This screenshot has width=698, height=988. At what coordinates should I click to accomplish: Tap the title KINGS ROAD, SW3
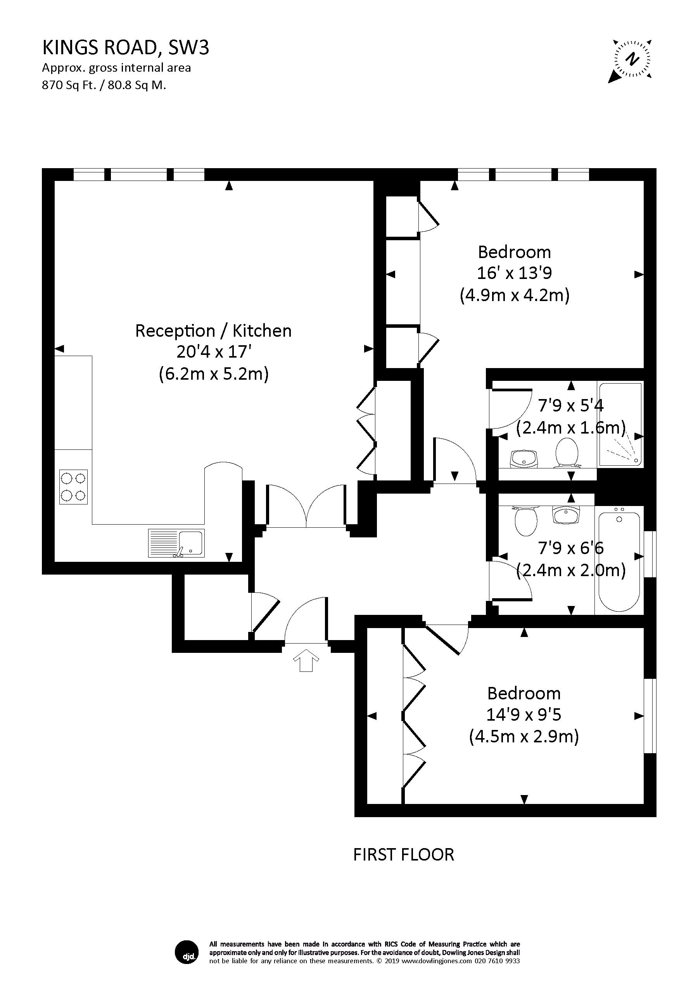[x=125, y=48]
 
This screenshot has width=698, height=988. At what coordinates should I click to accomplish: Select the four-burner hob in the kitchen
[x=73, y=487]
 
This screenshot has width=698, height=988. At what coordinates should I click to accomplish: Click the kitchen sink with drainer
[x=176, y=543]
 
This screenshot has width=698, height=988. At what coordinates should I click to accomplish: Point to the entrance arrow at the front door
[x=306, y=660]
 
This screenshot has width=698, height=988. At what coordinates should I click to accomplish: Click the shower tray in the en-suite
[x=620, y=424]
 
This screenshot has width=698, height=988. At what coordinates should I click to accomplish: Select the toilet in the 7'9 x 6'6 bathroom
[x=526, y=520]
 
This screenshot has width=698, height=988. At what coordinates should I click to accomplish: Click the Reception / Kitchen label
[x=213, y=330]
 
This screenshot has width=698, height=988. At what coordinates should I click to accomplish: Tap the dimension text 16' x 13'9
[x=514, y=273]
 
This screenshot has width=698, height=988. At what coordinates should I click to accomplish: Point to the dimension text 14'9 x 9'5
[x=523, y=715]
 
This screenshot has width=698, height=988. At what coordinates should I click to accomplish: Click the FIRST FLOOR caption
[x=403, y=854]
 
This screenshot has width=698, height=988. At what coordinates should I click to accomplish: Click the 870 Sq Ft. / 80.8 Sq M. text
[x=104, y=85]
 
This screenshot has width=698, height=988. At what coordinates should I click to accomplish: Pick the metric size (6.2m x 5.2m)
[x=214, y=374]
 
